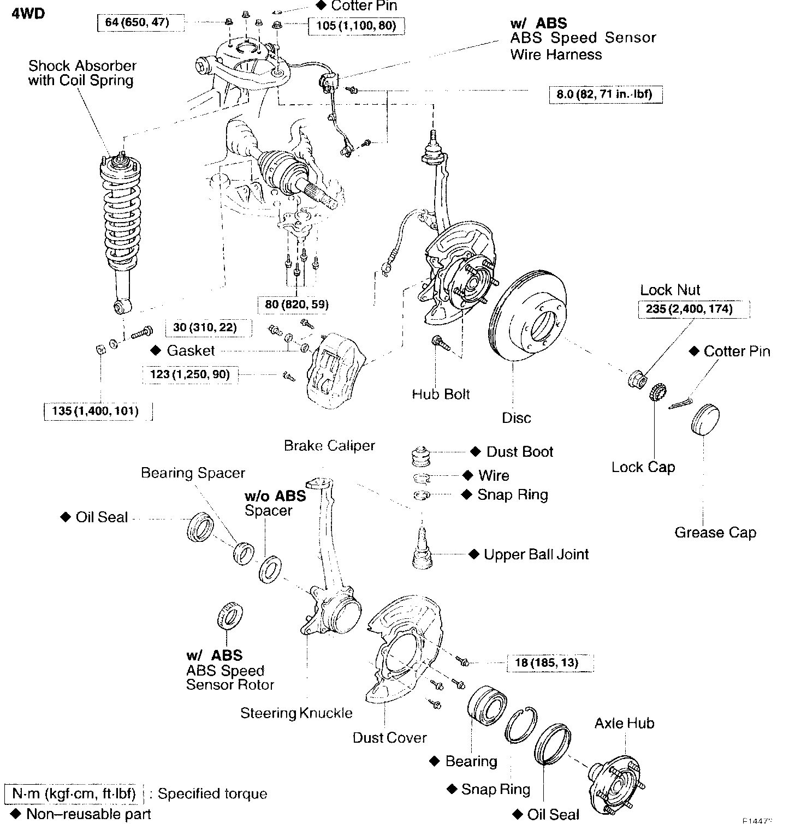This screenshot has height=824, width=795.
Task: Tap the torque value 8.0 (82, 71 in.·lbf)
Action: (605, 94)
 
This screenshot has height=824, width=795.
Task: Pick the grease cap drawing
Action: (705, 419)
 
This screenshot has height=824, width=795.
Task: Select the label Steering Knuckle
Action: (296, 713)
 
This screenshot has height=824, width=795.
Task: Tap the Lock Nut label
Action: (670, 290)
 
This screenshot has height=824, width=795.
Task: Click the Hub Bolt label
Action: (441, 394)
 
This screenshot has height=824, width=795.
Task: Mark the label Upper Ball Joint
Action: (536, 554)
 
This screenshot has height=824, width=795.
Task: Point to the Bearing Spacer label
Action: (193, 473)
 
